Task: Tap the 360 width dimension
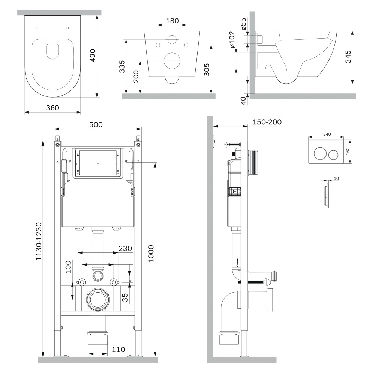[52, 108]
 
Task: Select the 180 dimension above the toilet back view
[172, 21]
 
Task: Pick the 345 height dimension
[348, 57]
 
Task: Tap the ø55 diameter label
[243, 24]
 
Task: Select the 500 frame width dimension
[96, 125]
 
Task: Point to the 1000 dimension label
[151, 254]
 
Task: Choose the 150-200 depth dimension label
[267, 122]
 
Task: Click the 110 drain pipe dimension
[118, 349]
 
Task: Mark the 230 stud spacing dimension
[125, 248]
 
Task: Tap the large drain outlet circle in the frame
[98, 300]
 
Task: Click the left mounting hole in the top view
[38, 28]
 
